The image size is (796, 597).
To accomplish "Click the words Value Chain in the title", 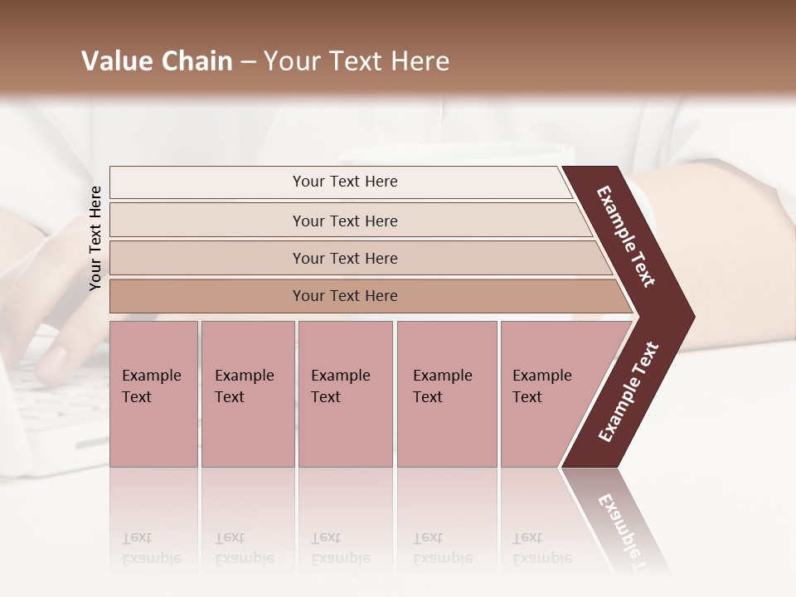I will point(157,61).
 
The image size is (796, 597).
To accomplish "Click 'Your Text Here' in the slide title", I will point(357,61).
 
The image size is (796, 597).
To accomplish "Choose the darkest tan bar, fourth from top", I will point(207,296).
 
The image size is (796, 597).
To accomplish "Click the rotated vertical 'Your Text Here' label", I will point(95,238).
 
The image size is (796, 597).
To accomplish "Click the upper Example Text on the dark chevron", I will point(626,236).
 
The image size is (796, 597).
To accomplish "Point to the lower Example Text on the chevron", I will point(629,392).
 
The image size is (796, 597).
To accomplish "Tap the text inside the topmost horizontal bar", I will point(345,182).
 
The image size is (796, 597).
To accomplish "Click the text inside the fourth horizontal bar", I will point(345,296).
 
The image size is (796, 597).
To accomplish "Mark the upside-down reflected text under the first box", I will point(151,548).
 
